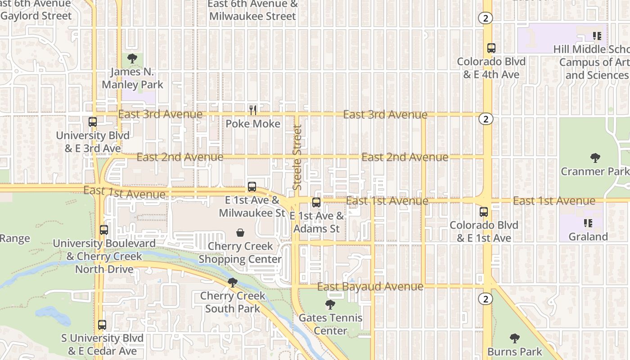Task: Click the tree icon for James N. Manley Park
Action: click(x=132, y=58)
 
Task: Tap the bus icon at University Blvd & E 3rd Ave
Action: click(x=93, y=122)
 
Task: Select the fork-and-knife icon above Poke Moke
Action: click(x=253, y=110)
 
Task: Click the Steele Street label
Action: click(x=297, y=157)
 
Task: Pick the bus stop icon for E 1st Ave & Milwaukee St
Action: click(x=252, y=187)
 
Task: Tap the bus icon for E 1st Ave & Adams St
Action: click(x=316, y=202)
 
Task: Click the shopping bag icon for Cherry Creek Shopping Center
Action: click(x=240, y=233)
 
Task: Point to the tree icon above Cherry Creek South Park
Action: click(x=233, y=283)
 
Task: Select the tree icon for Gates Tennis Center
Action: click(x=330, y=305)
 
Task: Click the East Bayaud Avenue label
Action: click(x=370, y=287)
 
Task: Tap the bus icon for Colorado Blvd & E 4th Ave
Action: click(x=491, y=48)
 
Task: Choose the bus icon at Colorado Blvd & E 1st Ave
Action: click(x=484, y=211)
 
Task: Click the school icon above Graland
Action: click(x=588, y=223)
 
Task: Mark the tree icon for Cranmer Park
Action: click(x=595, y=158)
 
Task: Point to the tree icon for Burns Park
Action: click(x=515, y=338)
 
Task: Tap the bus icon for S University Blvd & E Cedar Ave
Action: click(x=102, y=325)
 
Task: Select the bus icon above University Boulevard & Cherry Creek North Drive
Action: click(x=104, y=230)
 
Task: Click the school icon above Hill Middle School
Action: click(x=597, y=36)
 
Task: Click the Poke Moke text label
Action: click(x=253, y=124)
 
